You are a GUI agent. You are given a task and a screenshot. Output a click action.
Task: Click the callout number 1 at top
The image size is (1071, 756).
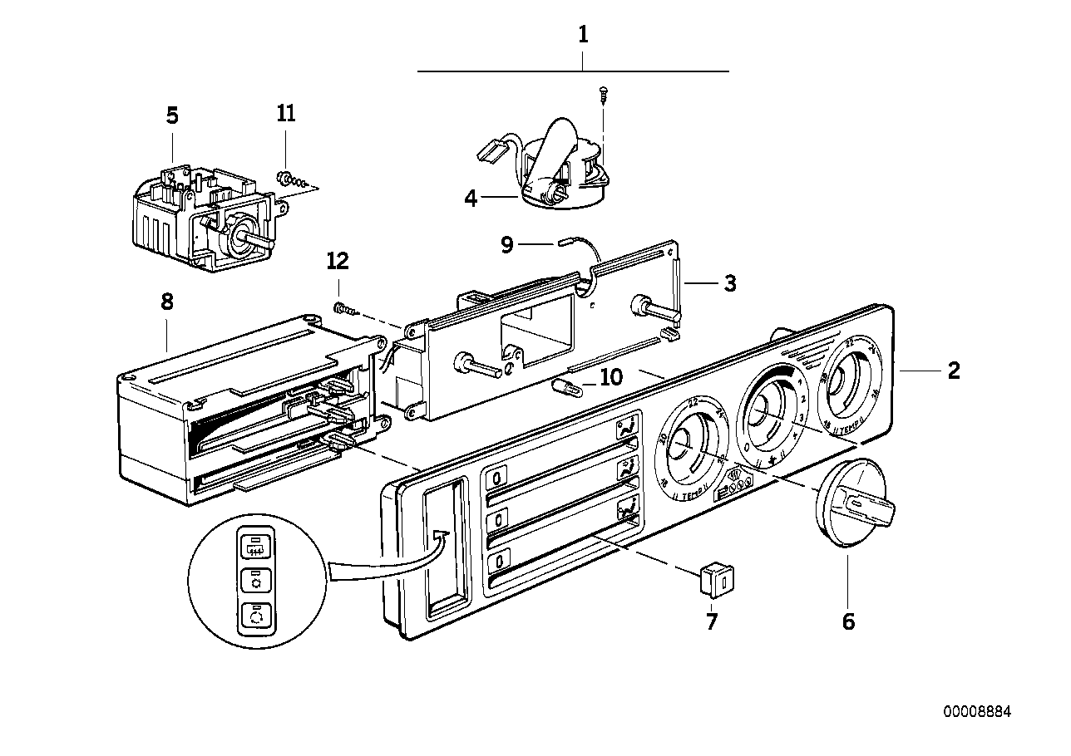point(583,35)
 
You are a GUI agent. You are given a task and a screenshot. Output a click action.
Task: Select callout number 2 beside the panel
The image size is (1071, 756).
point(953,371)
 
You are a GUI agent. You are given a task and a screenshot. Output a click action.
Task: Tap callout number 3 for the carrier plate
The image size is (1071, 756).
point(729,284)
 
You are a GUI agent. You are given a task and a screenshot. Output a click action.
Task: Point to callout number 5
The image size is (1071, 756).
point(172,115)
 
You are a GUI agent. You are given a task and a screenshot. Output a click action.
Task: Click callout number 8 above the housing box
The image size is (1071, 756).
point(166,302)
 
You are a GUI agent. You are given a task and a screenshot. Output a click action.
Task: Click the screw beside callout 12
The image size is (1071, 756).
point(345,310)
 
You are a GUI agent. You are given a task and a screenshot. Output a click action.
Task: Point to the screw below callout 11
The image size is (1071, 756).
point(287,178)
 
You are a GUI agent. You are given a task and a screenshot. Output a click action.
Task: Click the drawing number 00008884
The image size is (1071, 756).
point(978,712)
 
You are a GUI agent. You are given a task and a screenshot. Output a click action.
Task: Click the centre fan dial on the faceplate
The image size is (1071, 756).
point(766,412)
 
